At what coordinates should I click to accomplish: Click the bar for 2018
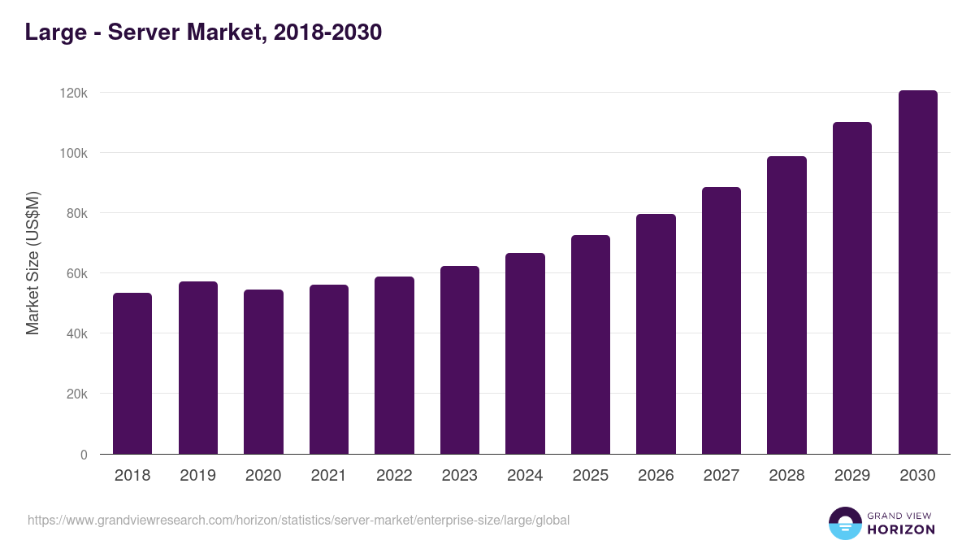[132, 373]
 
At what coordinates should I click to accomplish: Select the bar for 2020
[263, 372]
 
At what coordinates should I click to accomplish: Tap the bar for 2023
[460, 359]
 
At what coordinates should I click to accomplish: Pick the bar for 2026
[656, 333]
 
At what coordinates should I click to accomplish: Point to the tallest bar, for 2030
[917, 272]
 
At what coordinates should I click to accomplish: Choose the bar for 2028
[786, 305]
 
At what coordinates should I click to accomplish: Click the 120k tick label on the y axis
[74, 93]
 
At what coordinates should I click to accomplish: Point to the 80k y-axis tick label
[76, 213]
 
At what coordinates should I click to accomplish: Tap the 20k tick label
[76, 394]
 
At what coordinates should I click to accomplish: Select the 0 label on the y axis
[84, 455]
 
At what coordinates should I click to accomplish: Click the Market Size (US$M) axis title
[32, 263]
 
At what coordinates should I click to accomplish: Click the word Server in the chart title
[147, 33]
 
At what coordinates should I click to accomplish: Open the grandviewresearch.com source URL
[298, 520]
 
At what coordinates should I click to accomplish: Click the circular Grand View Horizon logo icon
[844, 524]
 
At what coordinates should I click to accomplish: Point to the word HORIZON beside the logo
[901, 529]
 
